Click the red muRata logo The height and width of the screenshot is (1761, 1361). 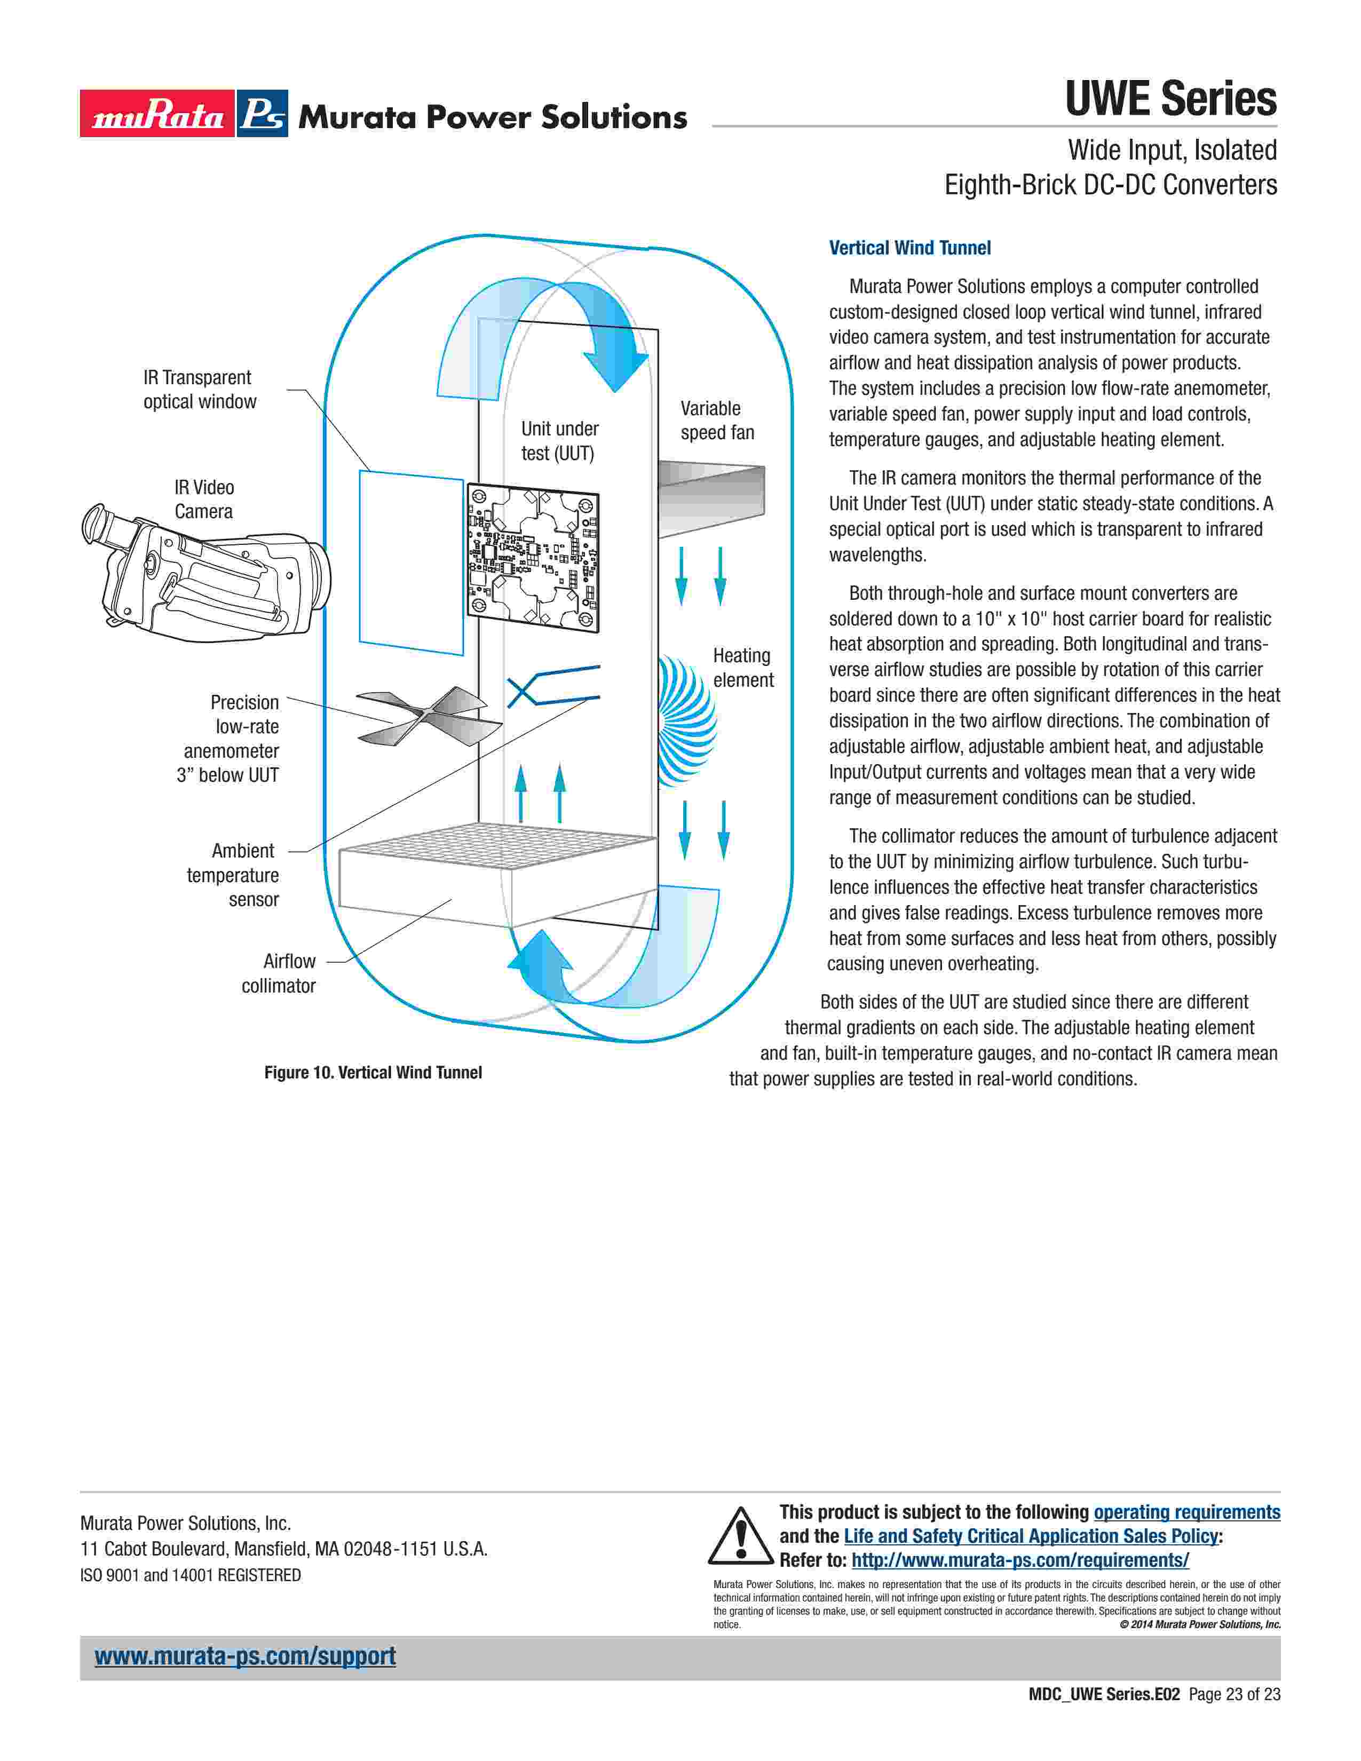157,114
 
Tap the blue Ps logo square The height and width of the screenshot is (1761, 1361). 262,114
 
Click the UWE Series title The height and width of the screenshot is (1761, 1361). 1170,99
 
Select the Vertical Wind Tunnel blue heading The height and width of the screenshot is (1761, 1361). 909,248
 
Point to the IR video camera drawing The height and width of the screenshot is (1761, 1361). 205,573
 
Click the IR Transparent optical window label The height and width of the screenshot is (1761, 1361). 199,390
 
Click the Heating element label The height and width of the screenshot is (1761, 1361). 742,668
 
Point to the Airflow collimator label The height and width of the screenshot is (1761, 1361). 279,973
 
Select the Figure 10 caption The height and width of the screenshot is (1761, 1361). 373,1073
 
